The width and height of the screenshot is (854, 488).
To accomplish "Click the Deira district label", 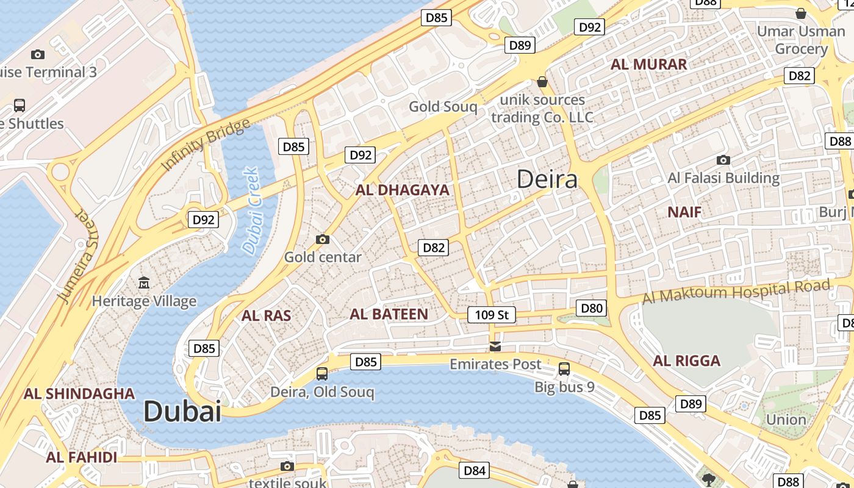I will point(547,179).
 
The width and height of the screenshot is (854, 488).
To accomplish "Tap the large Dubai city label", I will point(182,412).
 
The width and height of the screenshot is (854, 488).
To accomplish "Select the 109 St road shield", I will point(491,315).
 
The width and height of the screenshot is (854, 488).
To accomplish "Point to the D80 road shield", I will point(592,308).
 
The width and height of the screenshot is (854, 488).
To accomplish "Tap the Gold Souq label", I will point(443,107).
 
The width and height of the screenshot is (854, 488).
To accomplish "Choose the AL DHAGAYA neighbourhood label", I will point(403,190).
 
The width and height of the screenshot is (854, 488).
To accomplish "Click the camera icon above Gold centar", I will point(323,239).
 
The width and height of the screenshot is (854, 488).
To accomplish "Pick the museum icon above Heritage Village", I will point(144,282).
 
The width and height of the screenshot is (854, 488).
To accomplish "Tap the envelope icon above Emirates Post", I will point(495,346).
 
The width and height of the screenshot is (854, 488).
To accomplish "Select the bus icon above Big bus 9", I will point(564,368).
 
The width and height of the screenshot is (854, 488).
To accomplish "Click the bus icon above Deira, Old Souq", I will point(322,373).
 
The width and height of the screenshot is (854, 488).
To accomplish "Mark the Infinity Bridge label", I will point(206,145).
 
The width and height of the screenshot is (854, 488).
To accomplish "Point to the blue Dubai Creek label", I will point(251,210).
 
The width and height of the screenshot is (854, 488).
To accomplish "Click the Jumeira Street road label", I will point(78,256).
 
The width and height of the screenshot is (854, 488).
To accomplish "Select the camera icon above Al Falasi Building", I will point(723,160).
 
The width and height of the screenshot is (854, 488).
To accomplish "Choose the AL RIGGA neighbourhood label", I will point(687,361).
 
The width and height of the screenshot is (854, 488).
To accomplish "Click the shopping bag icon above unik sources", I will point(542,81).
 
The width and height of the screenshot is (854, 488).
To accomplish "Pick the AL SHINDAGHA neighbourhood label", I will point(79,393).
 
